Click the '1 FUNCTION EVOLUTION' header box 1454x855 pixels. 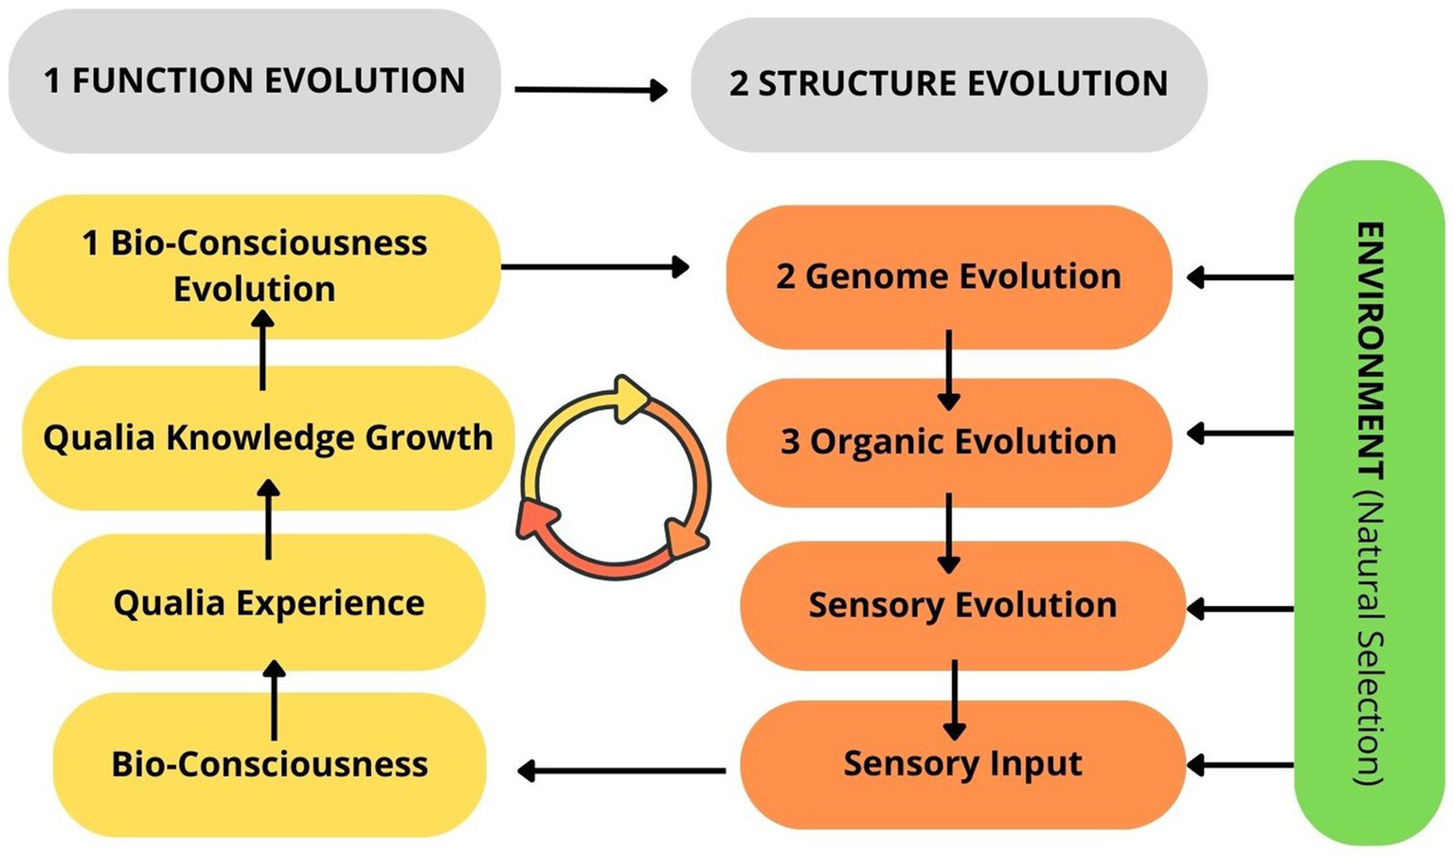tap(254, 81)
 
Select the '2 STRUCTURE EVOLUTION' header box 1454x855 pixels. tap(948, 84)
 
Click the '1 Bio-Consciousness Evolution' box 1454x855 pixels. tap(254, 266)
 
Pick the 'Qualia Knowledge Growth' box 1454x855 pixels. tap(268, 437)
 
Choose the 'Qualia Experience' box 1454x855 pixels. tap(268, 602)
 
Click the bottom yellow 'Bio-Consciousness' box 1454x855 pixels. tap(269, 764)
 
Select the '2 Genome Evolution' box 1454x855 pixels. tap(948, 276)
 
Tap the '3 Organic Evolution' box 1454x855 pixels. tap(948, 441)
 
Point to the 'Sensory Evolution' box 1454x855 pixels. tap(962, 605)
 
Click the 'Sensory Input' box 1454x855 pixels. tap(962, 764)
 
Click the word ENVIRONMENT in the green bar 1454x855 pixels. tap(1370, 350)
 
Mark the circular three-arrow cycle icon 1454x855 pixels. tap(614, 477)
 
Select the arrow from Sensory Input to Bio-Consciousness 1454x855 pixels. tap(621, 771)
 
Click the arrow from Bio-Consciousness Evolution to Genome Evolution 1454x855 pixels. tap(594, 267)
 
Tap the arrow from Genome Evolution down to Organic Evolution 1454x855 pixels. tap(948, 369)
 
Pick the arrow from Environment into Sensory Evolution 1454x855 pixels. tap(1240, 609)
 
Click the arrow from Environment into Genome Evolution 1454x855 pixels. tap(1240, 277)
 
